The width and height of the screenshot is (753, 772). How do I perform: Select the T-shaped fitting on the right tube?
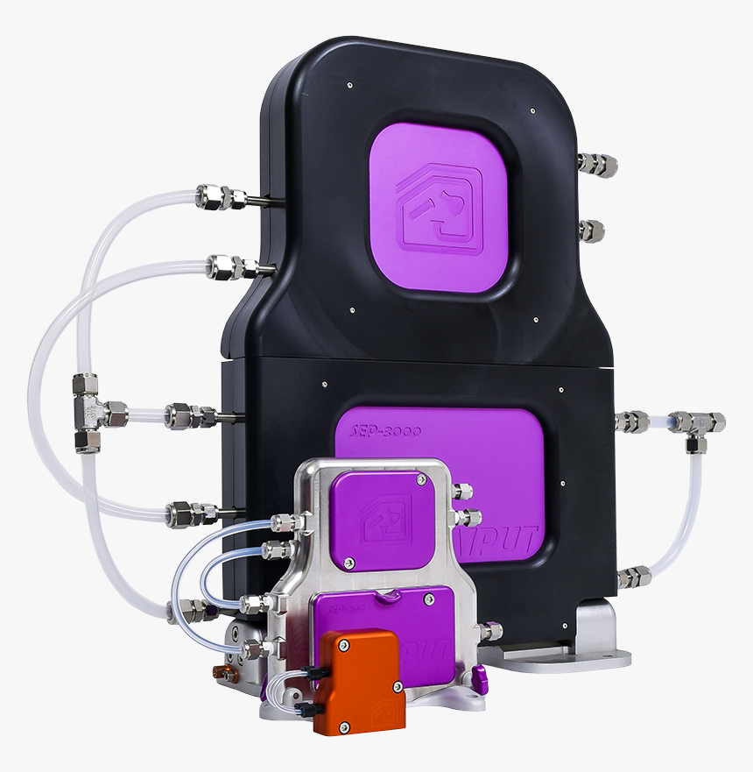pyautogui.click(x=699, y=424)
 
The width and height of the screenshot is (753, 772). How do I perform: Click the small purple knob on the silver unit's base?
pyautogui.click(x=477, y=676)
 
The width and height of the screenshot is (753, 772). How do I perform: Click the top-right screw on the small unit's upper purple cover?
pyautogui.click(x=422, y=479)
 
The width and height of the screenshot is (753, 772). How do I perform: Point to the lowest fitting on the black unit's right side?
pyautogui.click(x=633, y=577)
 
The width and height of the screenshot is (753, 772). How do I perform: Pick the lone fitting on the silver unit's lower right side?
pyautogui.click(x=491, y=630)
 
